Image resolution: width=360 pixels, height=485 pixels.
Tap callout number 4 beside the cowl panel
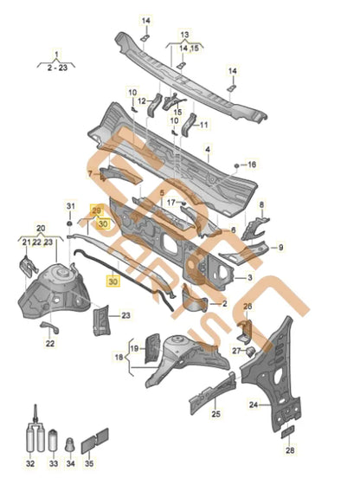209,150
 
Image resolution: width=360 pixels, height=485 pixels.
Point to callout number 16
253,165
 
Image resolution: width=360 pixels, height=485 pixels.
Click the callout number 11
204,125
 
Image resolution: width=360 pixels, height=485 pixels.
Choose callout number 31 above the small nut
72,204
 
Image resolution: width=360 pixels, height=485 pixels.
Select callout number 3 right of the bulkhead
250,278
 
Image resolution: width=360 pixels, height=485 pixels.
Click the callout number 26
247,306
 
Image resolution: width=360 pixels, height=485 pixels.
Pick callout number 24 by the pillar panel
254,404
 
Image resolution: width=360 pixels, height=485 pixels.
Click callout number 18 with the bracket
119,357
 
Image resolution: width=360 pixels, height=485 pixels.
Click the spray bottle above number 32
33,433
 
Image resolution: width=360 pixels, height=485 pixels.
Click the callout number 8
260,204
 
